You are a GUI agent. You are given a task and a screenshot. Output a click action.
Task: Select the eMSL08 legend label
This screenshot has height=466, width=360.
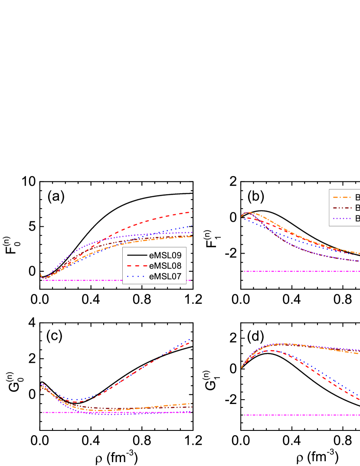(165, 266)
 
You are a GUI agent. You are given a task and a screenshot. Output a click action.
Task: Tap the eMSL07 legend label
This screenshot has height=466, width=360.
(165, 277)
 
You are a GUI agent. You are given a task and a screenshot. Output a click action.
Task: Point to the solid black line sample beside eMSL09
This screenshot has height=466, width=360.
(136, 255)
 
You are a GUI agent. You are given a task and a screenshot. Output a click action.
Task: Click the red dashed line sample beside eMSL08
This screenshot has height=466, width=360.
(136, 266)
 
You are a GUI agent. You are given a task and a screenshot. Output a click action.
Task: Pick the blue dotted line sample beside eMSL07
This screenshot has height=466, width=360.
(136, 277)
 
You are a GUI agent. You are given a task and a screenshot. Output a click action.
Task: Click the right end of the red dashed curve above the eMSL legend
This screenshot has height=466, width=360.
(192, 212)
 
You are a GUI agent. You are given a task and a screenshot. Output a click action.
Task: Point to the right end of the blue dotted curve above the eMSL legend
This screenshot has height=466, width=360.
(192, 226)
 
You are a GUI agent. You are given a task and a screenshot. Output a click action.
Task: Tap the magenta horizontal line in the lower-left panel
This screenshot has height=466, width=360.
(117, 412)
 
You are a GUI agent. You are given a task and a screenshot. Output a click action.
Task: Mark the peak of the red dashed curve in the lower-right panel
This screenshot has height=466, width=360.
(271, 350)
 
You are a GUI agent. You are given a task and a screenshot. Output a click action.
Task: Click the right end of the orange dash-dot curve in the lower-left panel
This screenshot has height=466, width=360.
(192, 403)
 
